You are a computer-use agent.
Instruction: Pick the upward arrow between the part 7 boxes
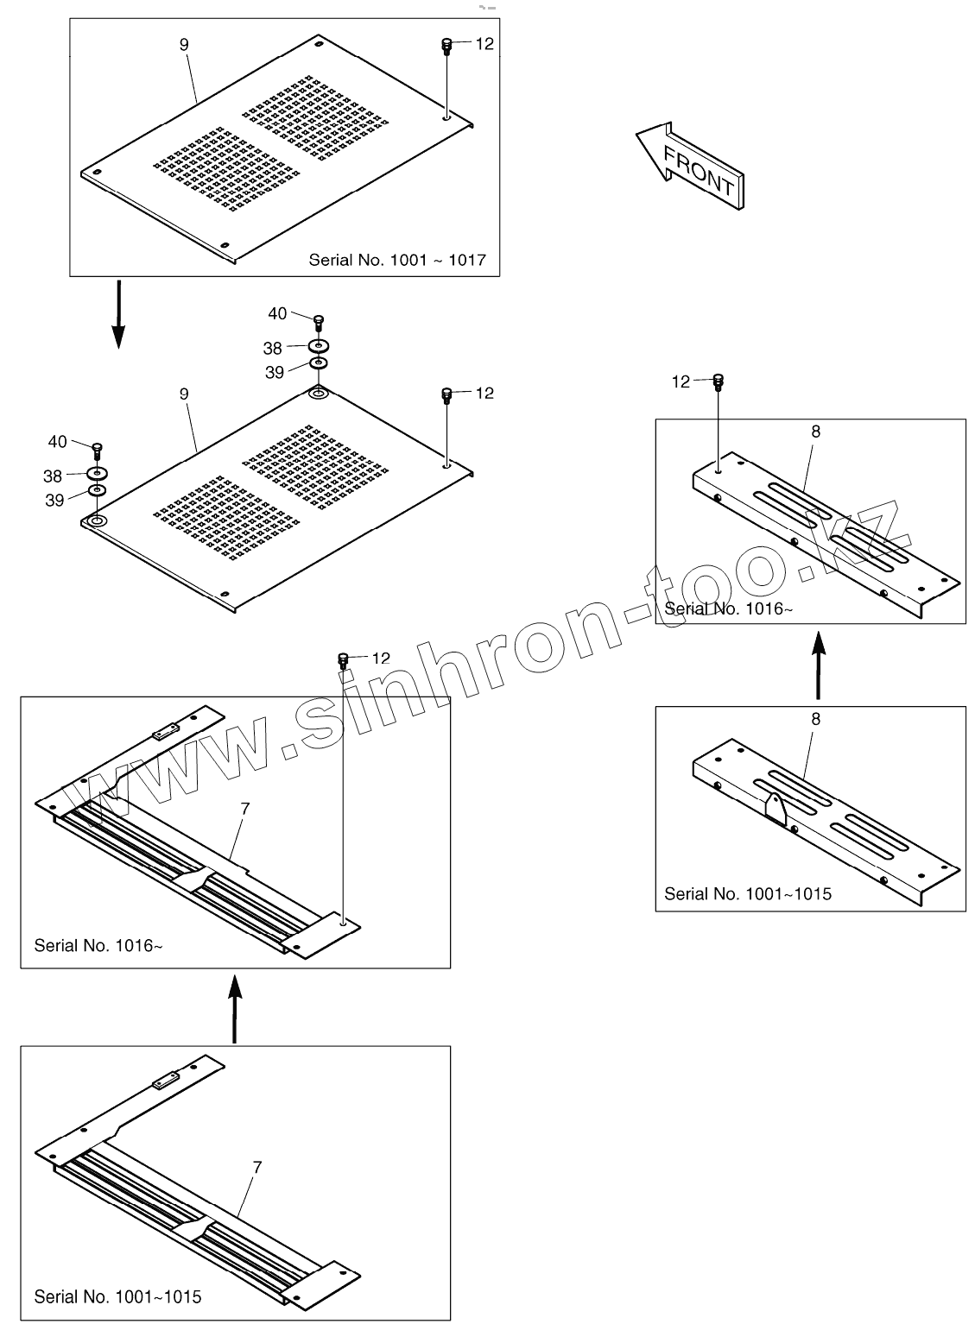tap(234, 1007)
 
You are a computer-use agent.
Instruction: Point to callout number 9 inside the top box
tap(184, 45)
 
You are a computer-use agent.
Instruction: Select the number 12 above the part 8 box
tap(681, 381)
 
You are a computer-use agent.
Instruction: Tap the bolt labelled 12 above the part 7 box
tap(343, 660)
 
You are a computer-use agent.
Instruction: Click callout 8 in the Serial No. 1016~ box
tap(815, 432)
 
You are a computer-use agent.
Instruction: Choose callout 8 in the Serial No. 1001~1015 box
tap(815, 718)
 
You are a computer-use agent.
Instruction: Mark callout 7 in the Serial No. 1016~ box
tap(244, 809)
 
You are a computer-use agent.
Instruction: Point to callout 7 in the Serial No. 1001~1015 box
tap(256, 1167)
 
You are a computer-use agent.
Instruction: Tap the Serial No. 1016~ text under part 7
tap(98, 945)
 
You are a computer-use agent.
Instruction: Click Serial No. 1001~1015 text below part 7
tap(117, 1296)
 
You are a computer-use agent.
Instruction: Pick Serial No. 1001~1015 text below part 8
tap(748, 893)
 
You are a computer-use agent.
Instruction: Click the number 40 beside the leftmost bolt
tap(57, 442)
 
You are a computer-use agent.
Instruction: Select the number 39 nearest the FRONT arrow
tap(274, 372)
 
